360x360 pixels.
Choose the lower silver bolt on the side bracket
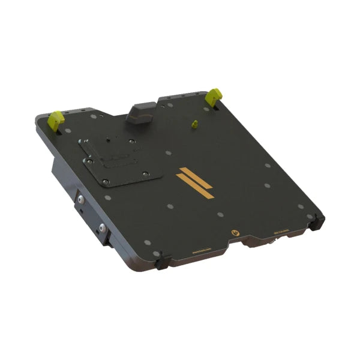(x=102, y=229)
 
